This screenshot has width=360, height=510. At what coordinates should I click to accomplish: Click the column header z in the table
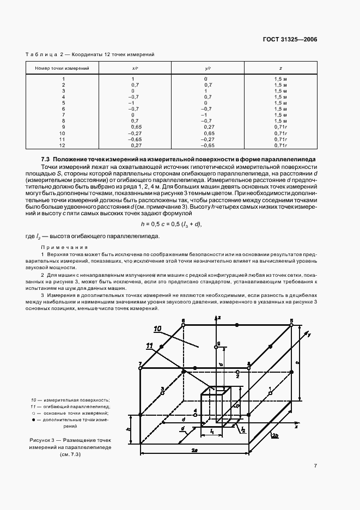tap(280, 68)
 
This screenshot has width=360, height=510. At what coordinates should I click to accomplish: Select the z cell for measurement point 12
tap(280, 145)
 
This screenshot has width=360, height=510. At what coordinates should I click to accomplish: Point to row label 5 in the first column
tap(63, 103)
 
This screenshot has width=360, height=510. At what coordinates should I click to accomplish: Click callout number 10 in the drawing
tap(158, 329)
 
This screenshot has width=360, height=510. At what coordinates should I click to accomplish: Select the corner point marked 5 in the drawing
tap(291, 325)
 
